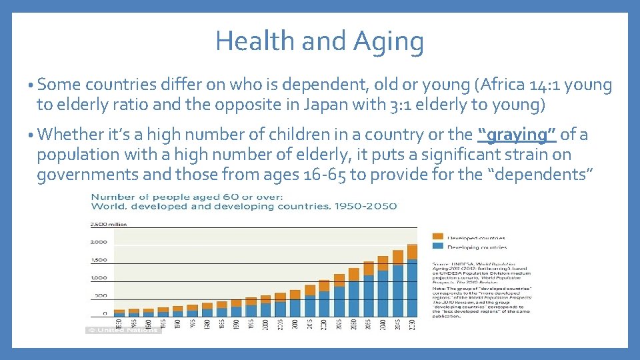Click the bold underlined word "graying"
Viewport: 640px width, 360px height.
517,135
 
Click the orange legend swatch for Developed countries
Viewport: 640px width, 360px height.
437,237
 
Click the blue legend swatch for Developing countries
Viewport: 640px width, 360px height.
437,247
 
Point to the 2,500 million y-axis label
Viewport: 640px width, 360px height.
108,224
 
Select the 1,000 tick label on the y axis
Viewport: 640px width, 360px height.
99,277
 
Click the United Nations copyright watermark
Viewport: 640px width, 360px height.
123,330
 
